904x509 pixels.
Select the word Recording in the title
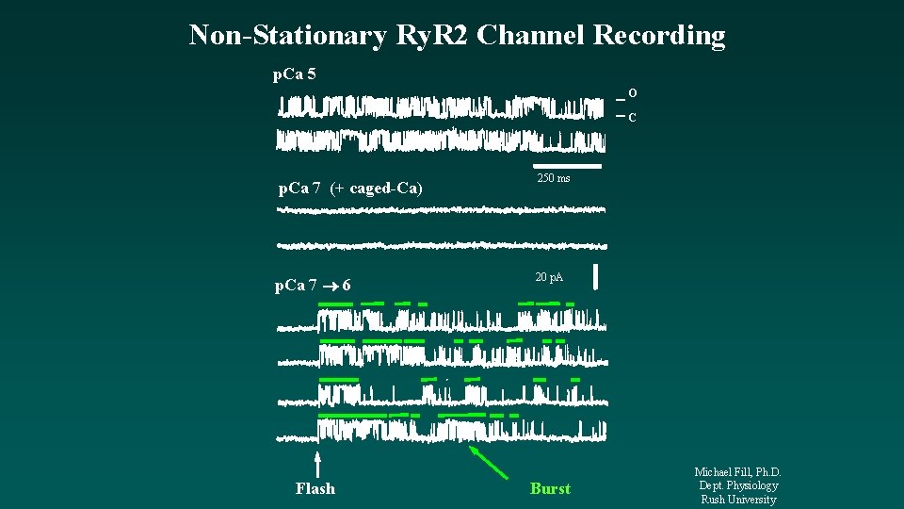click(x=659, y=36)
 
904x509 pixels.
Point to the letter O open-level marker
click(x=633, y=93)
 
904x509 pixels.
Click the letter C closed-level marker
click(x=633, y=118)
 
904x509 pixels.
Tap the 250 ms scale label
click(x=553, y=178)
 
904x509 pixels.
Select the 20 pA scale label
click(x=549, y=277)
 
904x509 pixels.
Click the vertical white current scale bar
click(x=596, y=277)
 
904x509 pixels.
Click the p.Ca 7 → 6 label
click(x=314, y=286)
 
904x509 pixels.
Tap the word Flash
click(x=315, y=488)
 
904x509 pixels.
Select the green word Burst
click(x=550, y=488)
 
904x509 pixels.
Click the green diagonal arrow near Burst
click(x=488, y=463)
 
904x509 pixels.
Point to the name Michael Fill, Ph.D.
click(x=738, y=472)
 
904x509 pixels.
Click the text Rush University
click(x=738, y=500)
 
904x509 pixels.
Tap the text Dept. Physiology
click(x=738, y=485)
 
